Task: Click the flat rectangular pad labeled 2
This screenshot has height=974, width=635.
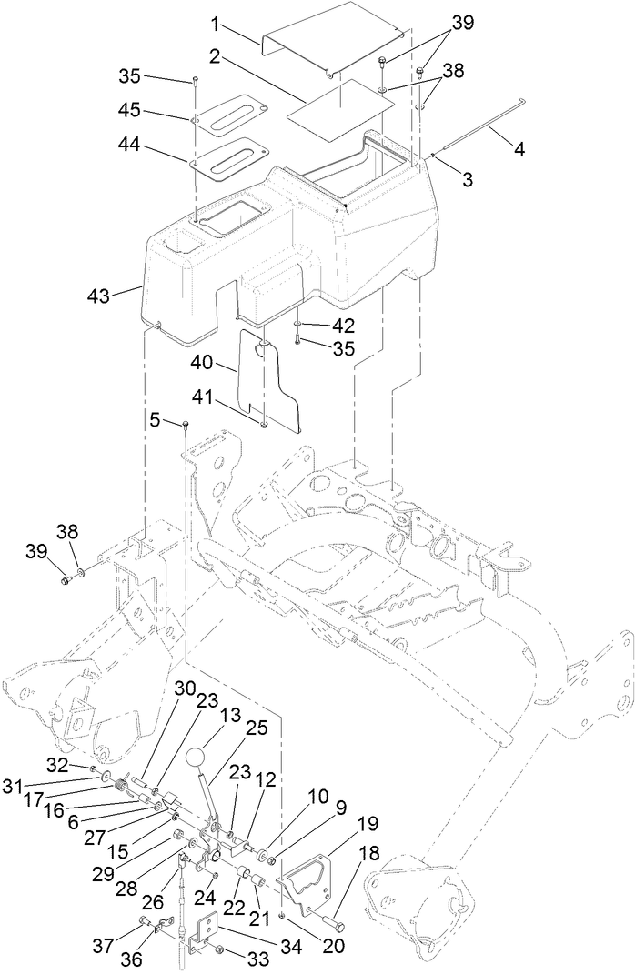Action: point(341,107)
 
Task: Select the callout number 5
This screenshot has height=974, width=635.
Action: point(155,420)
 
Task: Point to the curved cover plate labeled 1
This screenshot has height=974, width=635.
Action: point(332,38)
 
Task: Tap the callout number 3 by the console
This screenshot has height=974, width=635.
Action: point(467,180)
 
